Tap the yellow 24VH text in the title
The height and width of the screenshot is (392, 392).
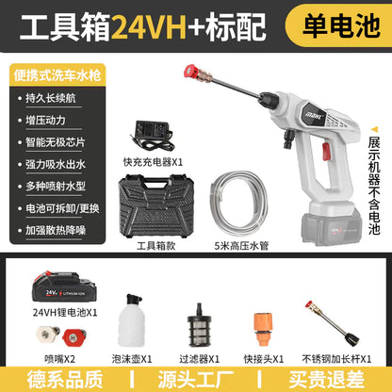[x=150, y=26]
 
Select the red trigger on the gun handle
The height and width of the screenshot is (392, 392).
[x=326, y=152]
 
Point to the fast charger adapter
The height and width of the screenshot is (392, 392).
[x=153, y=135]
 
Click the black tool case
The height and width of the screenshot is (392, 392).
[x=155, y=207]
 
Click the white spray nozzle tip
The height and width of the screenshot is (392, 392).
[x=48, y=335]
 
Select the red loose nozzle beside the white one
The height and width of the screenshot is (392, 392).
[x=73, y=337]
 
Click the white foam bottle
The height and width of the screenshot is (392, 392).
[x=132, y=320]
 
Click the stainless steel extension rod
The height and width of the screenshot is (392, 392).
[x=333, y=323]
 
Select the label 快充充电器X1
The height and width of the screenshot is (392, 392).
[x=153, y=162]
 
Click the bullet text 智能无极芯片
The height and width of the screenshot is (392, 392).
[x=56, y=142]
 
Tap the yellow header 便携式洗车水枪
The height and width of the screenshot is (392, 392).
[x=57, y=75]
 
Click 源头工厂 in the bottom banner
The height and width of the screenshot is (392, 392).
[x=196, y=380]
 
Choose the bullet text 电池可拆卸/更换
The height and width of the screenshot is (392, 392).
[x=62, y=208]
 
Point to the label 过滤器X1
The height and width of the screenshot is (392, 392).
[x=199, y=359]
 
